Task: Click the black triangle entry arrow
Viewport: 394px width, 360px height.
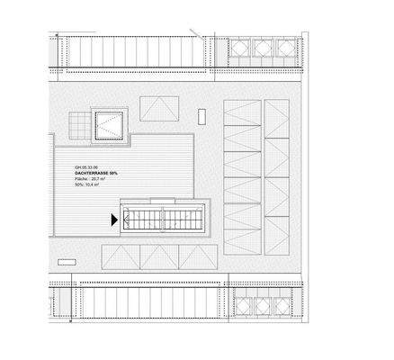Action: tap(114, 219)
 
